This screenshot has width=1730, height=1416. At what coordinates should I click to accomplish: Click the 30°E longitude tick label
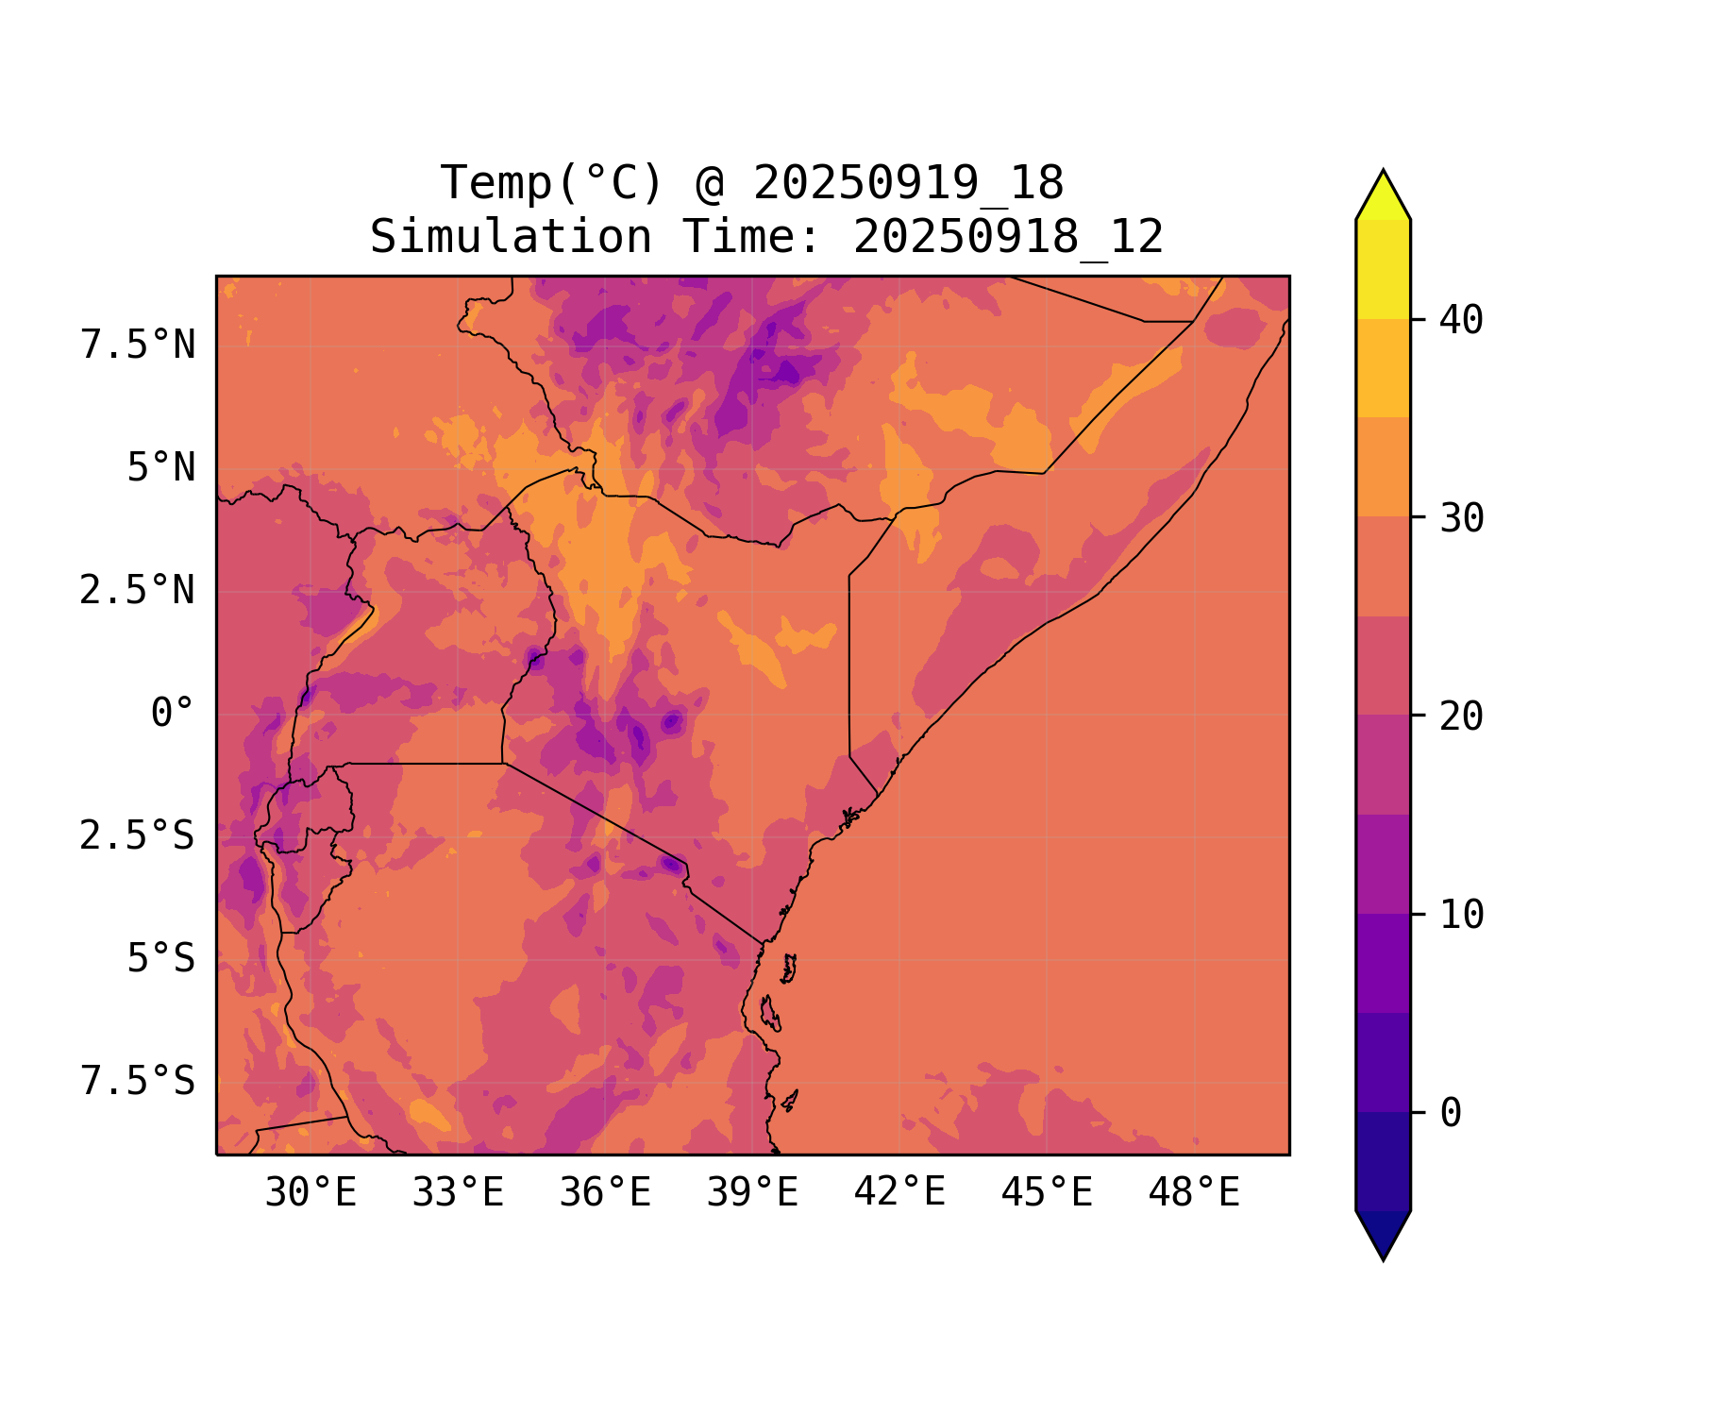click(x=311, y=1193)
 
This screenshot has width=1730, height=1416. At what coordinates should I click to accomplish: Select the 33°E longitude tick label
click(x=458, y=1193)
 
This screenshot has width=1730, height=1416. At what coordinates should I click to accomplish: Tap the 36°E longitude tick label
click(x=605, y=1193)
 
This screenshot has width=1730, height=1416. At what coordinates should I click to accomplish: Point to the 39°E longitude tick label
click(x=752, y=1193)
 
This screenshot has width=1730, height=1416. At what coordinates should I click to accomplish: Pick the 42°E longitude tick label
click(x=899, y=1193)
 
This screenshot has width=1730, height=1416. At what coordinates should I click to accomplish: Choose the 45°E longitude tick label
click(x=1047, y=1193)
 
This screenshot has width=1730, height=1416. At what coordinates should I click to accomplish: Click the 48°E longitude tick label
click(x=1194, y=1193)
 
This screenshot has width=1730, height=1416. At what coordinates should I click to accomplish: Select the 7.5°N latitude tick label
click(x=138, y=346)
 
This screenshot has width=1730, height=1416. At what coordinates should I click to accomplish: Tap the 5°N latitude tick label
click(x=161, y=468)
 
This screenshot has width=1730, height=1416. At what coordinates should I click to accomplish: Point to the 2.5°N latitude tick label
click(x=138, y=591)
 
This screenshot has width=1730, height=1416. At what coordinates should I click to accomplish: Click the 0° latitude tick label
click(x=173, y=714)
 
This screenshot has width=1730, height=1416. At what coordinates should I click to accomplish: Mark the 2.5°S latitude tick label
click(x=138, y=836)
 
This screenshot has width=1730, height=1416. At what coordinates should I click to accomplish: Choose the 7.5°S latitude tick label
click(x=138, y=1082)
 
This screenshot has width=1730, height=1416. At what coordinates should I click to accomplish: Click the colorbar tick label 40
click(x=1462, y=320)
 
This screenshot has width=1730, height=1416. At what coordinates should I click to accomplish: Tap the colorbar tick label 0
click(x=1451, y=1113)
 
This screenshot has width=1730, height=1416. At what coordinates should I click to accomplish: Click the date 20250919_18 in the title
click(x=909, y=183)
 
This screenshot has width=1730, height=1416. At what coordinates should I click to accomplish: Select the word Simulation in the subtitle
click(x=511, y=237)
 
